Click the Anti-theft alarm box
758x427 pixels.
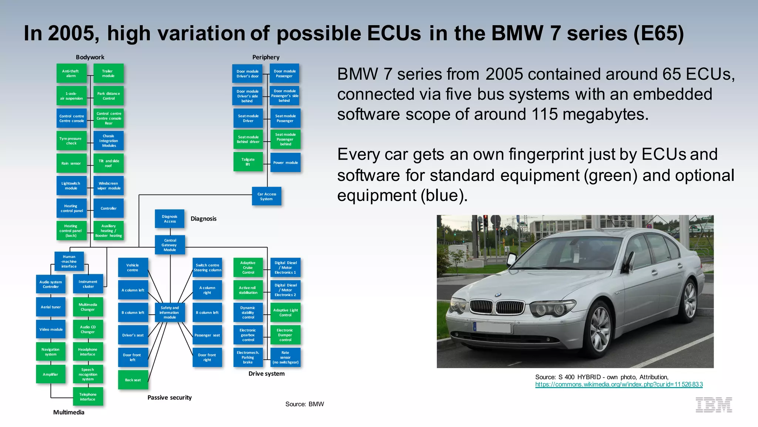(71, 73)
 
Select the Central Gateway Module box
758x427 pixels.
(170, 245)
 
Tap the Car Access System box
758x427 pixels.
(266, 196)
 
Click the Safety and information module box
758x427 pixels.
(170, 312)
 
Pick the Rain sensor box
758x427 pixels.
(71, 163)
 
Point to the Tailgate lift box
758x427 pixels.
(248, 162)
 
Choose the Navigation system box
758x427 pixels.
(51, 352)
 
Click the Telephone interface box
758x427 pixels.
(88, 397)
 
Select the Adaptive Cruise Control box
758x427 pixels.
(248, 268)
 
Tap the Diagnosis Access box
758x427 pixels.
(170, 219)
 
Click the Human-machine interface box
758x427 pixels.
(69, 261)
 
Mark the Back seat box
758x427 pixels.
(133, 380)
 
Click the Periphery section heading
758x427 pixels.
(266, 57)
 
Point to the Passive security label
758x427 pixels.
(170, 398)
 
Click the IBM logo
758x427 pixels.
(714, 405)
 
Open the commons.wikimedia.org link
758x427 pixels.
(619, 384)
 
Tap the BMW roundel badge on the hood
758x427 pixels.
(498, 295)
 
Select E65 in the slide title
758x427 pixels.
(658, 33)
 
